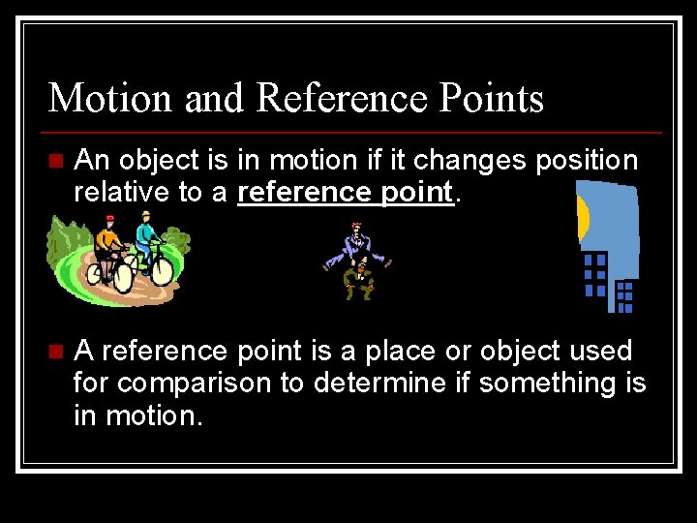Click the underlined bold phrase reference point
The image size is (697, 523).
(346, 192)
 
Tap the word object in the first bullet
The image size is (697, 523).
(167, 160)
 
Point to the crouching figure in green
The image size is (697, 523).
(359, 280)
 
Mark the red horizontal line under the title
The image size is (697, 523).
(354, 131)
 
